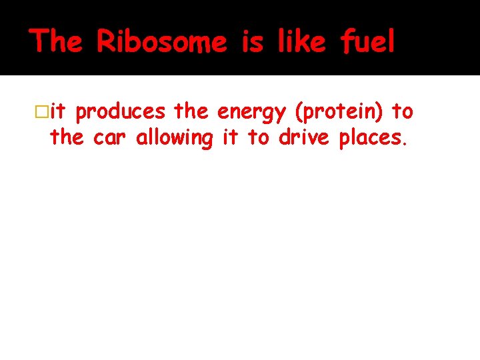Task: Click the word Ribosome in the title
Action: coord(161,41)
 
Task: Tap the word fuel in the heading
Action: coord(367,41)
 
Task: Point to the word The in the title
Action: coord(56,41)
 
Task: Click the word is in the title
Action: coord(253,41)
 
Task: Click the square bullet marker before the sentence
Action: coord(43,112)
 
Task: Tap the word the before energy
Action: coord(191,112)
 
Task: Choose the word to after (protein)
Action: coord(403,112)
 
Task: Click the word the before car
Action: coord(67,138)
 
